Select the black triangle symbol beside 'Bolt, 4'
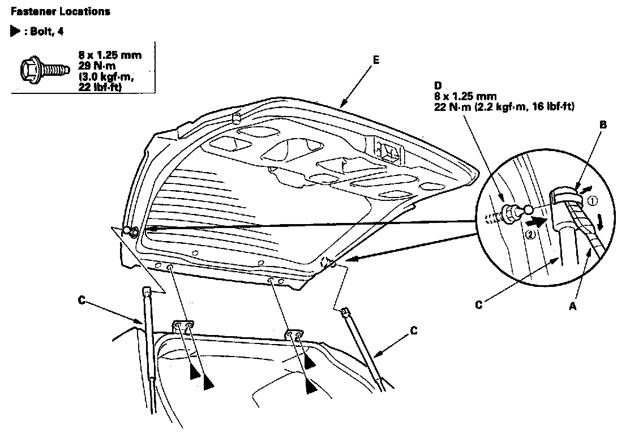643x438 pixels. pos(15,32)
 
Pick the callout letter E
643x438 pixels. pos(377,59)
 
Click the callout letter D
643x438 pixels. pos(438,85)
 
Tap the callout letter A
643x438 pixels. pos(573,306)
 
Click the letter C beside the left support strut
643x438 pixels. pos(83,300)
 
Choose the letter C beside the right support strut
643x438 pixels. pos(414,330)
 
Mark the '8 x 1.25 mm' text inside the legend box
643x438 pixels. pos(110,55)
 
